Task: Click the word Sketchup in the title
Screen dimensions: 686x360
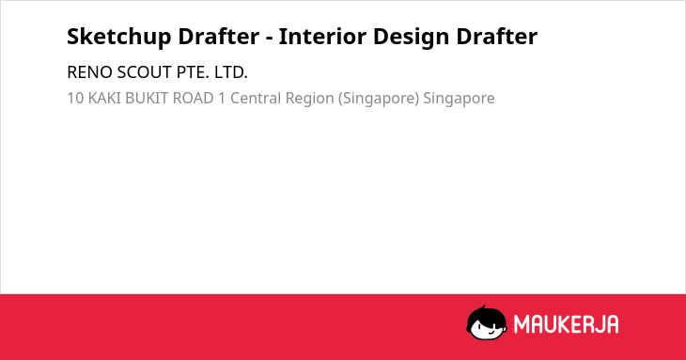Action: point(119,37)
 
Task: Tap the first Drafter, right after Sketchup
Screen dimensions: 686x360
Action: point(218,36)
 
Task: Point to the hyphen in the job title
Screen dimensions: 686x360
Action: point(269,39)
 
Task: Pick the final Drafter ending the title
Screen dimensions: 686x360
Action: point(496,36)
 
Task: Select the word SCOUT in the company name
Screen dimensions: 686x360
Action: point(145,72)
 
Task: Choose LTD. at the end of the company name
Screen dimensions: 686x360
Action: point(231,72)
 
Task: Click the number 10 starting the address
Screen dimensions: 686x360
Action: point(75,98)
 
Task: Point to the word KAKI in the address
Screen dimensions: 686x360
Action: point(104,98)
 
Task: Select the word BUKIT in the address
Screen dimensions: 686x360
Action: point(147,98)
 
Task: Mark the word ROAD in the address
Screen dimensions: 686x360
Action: point(193,98)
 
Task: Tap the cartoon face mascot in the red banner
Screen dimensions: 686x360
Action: point(487,322)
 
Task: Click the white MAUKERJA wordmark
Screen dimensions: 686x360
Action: point(566,324)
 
